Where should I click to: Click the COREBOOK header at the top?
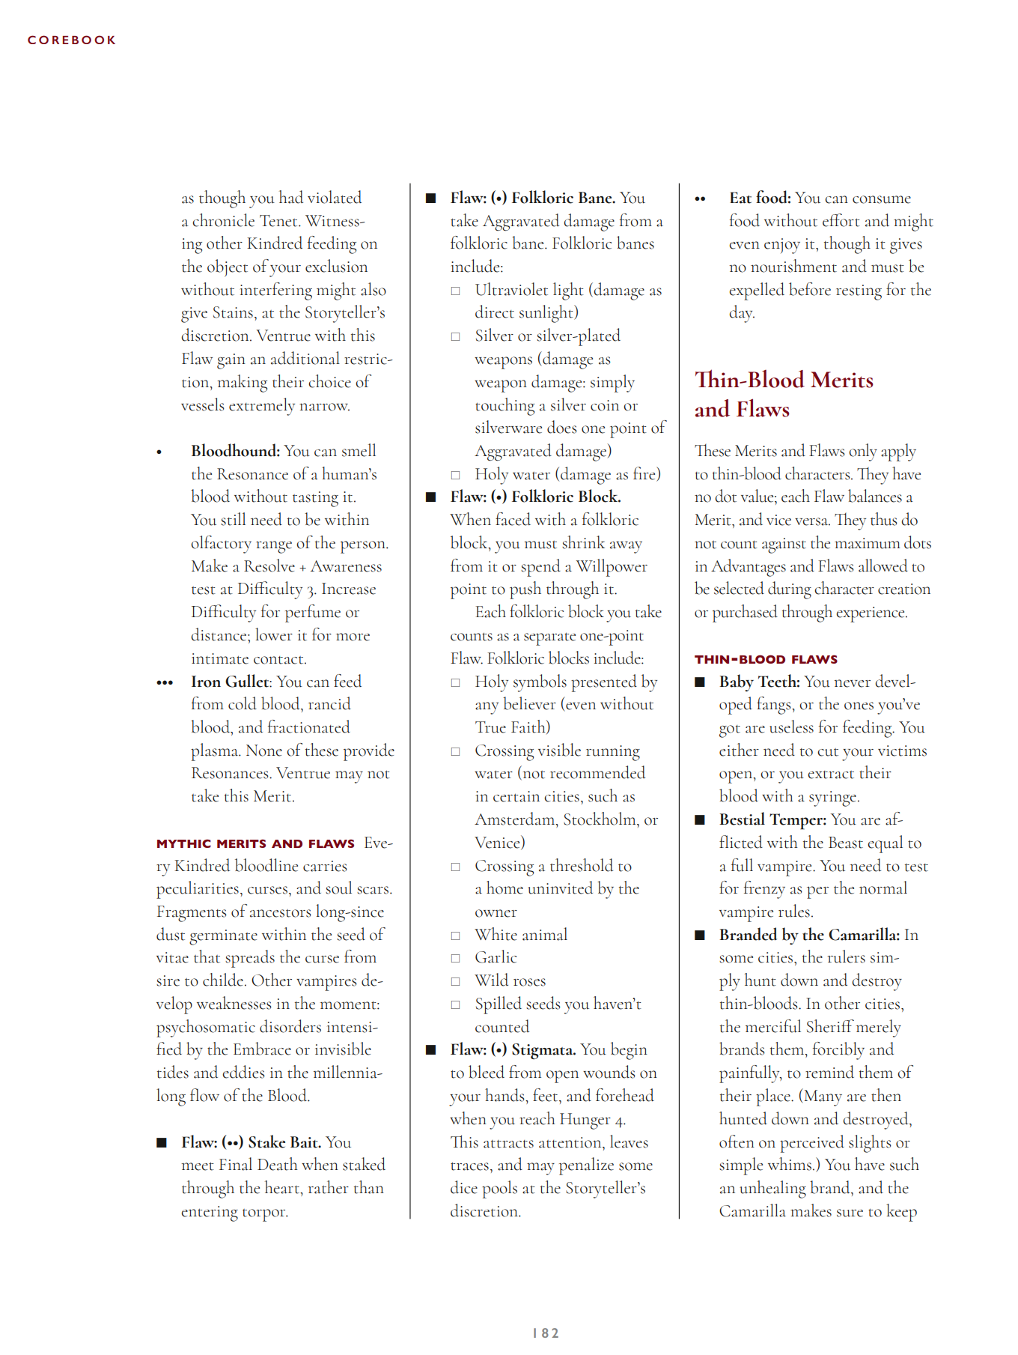(72, 40)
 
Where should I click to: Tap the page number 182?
(546, 1333)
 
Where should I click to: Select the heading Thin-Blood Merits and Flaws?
(783, 395)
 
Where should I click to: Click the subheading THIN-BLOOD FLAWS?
(766, 659)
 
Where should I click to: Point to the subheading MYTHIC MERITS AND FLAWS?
(255, 843)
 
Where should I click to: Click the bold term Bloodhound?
(235, 451)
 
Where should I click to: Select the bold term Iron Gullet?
(229, 682)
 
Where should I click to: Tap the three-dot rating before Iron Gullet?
(165, 682)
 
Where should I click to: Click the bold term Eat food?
(760, 198)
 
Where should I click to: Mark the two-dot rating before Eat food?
(700, 199)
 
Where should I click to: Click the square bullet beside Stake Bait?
(162, 1142)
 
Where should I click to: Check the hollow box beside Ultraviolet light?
(455, 291)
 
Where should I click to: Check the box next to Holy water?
(455, 475)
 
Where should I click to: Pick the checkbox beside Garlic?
(455, 958)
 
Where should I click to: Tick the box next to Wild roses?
(455, 981)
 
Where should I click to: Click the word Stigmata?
(543, 1049)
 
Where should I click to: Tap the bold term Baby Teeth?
(759, 682)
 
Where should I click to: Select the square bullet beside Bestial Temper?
(700, 820)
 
